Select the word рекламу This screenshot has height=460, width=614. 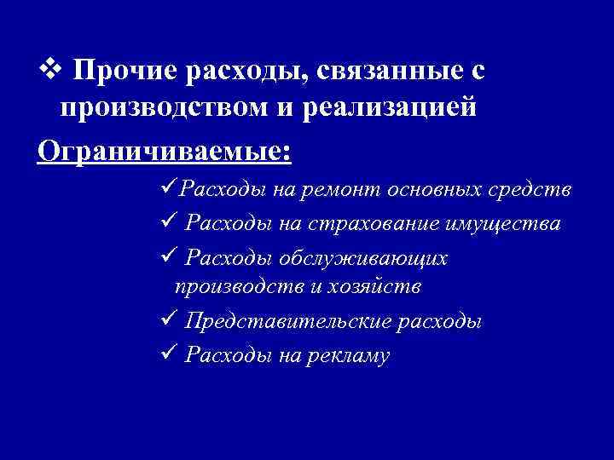(x=350, y=355)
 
